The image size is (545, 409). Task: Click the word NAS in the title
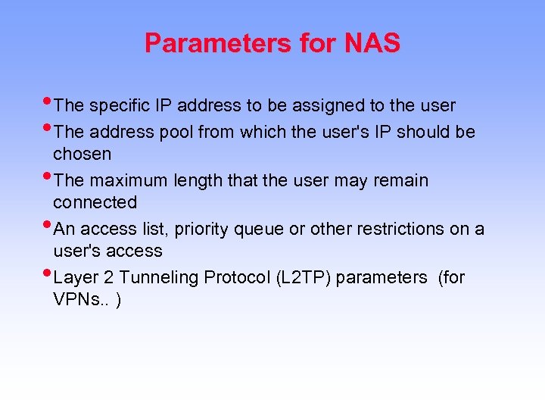[x=372, y=43]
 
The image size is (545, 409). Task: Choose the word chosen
[x=82, y=154]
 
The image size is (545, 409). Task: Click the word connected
[x=95, y=202]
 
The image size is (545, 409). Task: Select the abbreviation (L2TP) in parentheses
[x=304, y=277]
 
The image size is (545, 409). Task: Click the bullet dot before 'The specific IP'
[x=48, y=102]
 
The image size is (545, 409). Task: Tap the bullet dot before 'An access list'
[x=48, y=226]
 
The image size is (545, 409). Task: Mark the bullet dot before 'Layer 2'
[x=48, y=274]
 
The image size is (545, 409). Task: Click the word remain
[x=402, y=180]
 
